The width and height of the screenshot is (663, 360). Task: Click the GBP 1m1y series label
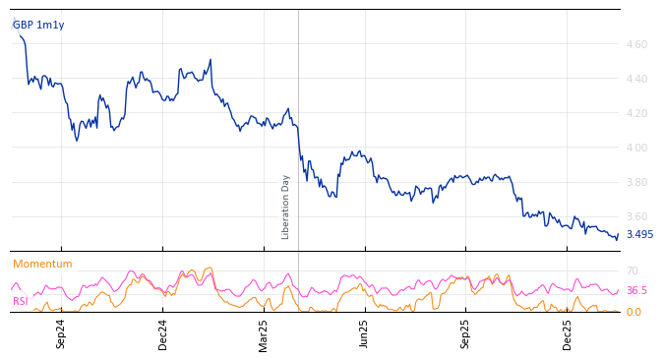point(38,25)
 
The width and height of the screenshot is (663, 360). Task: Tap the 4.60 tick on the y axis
point(635,44)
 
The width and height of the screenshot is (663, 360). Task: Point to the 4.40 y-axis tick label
point(635,79)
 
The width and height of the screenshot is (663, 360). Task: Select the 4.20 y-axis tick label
point(635,113)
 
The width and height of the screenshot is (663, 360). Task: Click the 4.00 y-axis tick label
point(635,148)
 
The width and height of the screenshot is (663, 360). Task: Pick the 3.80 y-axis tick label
point(635,182)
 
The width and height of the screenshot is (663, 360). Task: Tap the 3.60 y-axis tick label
point(635,216)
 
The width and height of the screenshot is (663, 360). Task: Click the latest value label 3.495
point(639,235)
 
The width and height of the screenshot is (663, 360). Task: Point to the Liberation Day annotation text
point(286,207)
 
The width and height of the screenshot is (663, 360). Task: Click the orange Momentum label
point(42,264)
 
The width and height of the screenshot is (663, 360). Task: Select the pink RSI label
point(20,301)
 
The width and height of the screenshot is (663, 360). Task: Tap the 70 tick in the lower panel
point(633,270)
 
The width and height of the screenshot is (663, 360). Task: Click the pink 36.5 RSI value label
point(636,290)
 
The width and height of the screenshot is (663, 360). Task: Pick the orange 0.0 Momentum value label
point(633,312)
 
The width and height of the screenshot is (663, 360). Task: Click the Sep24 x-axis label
point(61,333)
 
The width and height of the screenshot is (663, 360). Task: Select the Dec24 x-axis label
point(163,333)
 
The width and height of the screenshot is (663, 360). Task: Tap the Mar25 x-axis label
point(264,333)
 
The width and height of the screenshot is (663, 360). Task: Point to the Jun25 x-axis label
point(365,333)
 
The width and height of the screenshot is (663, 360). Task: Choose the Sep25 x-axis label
point(466,333)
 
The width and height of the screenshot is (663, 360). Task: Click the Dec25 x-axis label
point(568,333)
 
